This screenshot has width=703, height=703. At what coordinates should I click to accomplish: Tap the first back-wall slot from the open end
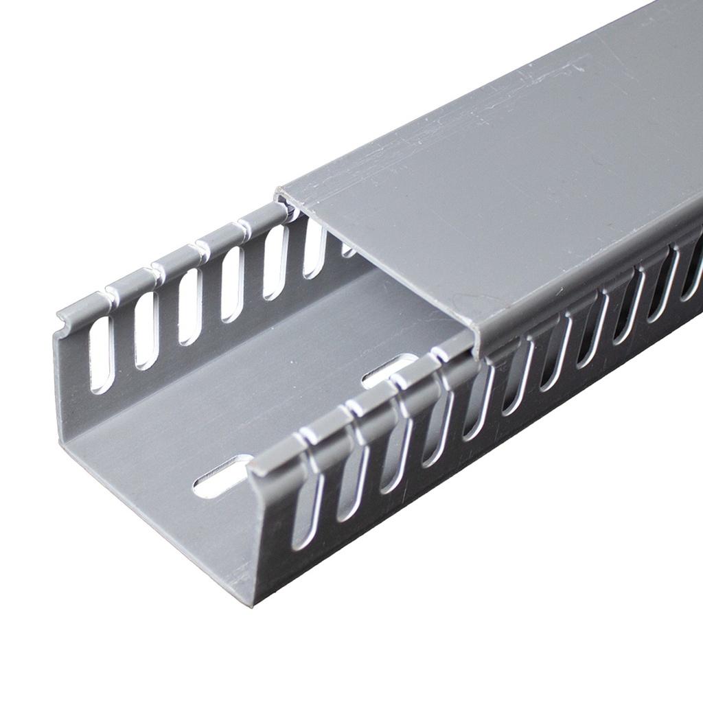click(x=102, y=354)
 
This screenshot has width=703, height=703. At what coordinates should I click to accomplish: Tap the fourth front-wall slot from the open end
click(x=435, y=429)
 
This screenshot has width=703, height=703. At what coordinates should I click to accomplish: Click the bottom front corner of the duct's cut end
click(x=251, y=605)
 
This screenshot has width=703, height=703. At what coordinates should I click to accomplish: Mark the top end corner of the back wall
click(x=59, y=319)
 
